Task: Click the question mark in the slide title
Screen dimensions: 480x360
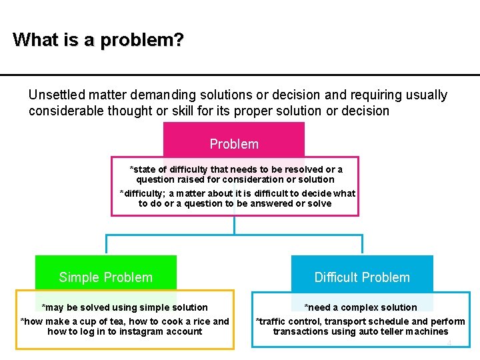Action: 178,39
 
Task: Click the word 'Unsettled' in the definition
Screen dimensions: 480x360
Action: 57,95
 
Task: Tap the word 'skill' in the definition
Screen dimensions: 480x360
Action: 183,111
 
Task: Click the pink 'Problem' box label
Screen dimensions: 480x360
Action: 234,144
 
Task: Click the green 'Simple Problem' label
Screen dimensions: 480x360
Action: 105,277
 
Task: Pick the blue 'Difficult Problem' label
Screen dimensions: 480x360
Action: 362,277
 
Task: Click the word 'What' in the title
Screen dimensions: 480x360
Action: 36,39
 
